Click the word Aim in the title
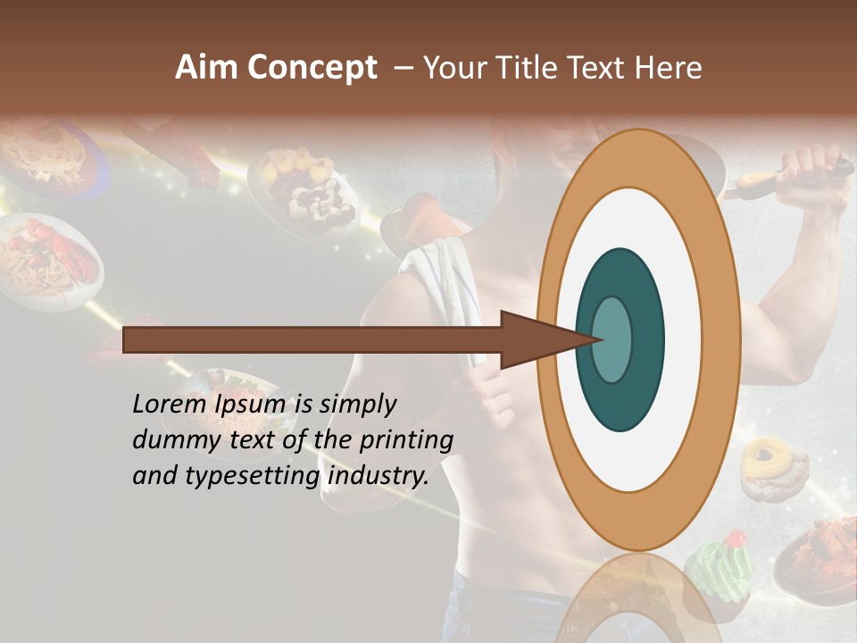[x=206, y=68]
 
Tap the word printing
[x=406, y=440]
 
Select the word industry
[x=378, y=475]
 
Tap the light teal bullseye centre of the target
[x=612, y=340]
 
